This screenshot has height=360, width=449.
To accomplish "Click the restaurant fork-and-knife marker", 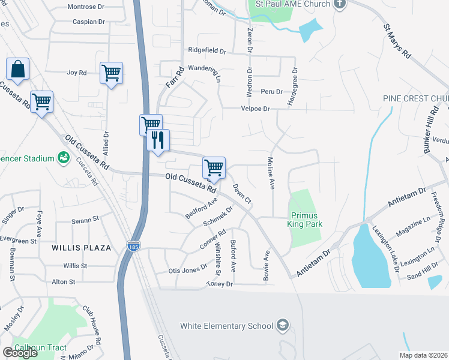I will click(158, 140).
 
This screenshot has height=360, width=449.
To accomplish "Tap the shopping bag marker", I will click(17, 69).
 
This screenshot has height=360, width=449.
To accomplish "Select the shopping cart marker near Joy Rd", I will click(111, 73).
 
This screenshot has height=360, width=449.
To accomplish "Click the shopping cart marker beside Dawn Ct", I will click(214, 167).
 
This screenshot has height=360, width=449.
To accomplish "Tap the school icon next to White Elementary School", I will click(282, 326).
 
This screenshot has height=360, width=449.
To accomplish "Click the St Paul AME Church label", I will click(292, 4).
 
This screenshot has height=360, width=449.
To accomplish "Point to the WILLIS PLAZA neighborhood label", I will click(82, 247).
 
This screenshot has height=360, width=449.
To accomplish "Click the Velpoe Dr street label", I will click(255, 109).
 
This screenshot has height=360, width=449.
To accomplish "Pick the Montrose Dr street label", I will click(86, 7).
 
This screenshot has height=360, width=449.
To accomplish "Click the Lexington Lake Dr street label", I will click(385, 248).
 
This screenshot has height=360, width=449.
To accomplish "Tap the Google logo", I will click(20, 353).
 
